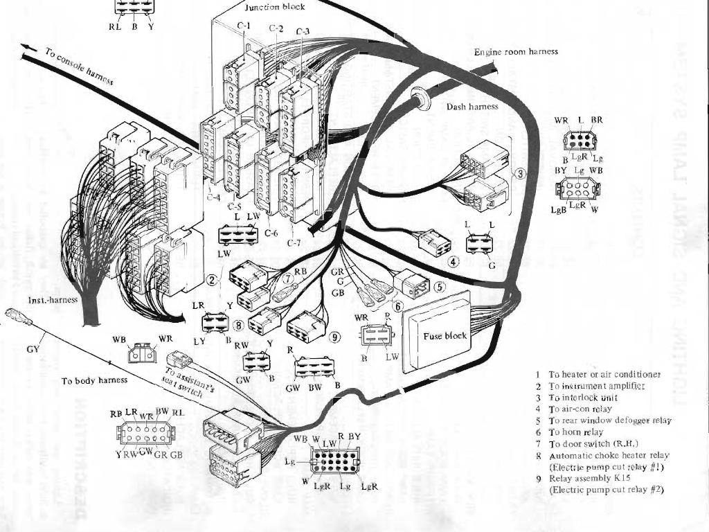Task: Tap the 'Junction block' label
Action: coord(274,7)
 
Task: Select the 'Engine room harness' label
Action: coord(516,52)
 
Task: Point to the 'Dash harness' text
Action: coord(472,107)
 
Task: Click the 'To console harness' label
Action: coord(79,66)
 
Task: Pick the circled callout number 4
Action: coord(454,262)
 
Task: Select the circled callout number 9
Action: coord(336,337)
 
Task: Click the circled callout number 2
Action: coord(213,280)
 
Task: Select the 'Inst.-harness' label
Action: coord(52,301)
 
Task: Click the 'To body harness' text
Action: coord(94,381)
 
